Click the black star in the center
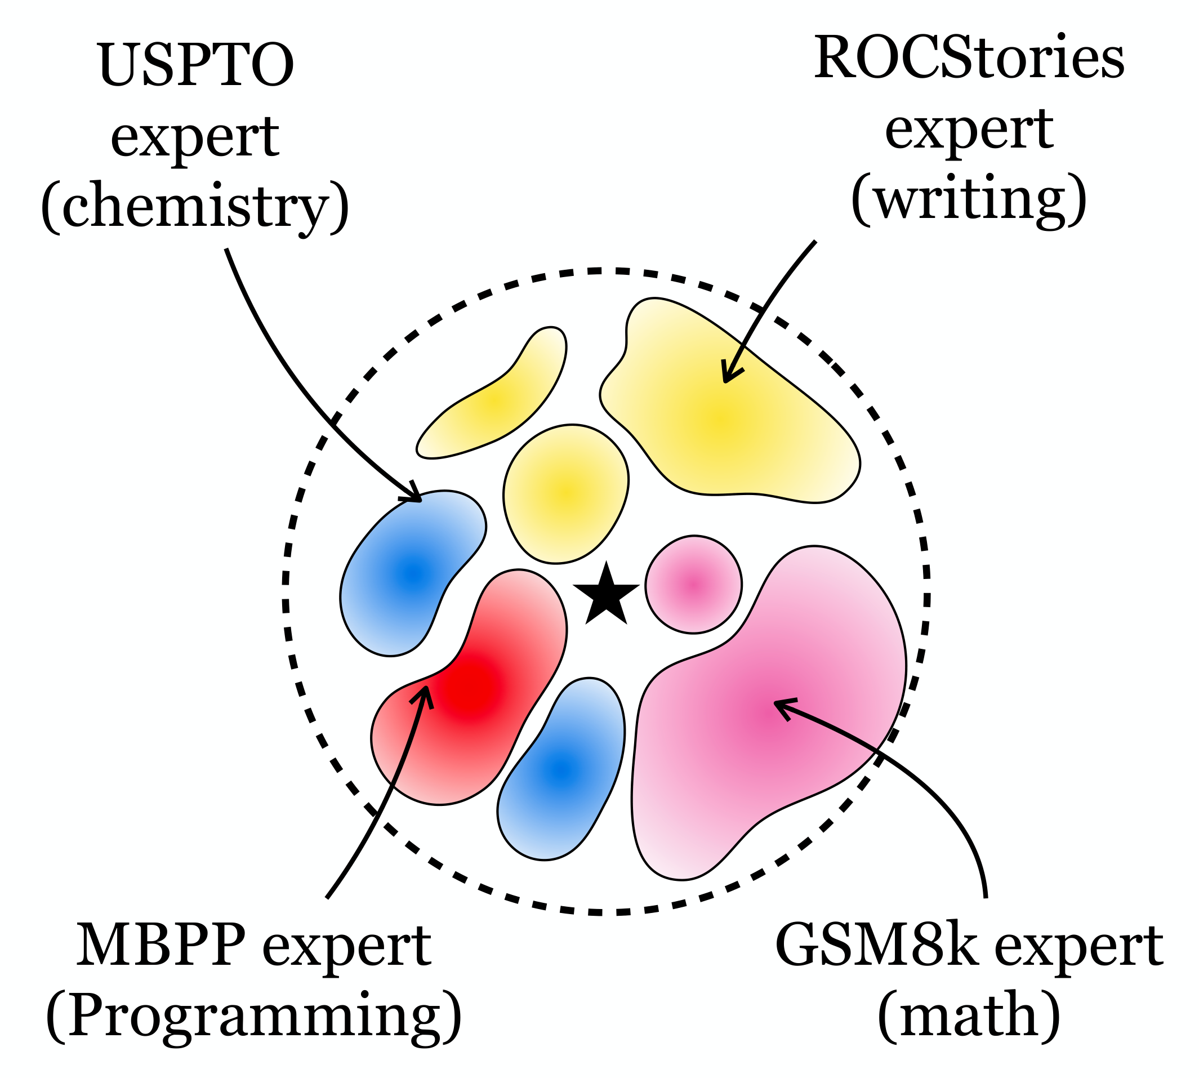[605, 595]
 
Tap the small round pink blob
[693, 585]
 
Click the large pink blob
[764, 711]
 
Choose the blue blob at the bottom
[560, 770]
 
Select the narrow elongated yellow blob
[498, 403]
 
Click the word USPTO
[195, 65]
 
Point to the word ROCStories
[969, 58]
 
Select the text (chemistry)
[195, 207]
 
